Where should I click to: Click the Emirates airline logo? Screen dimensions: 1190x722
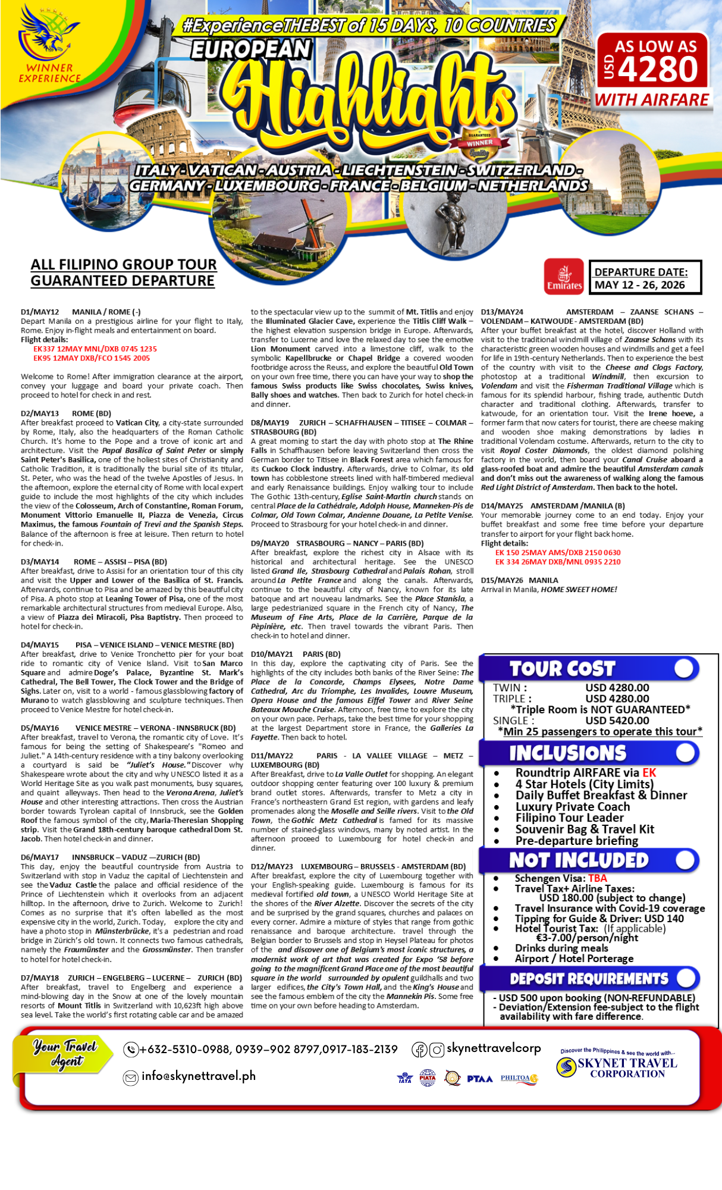[x=564, y=277]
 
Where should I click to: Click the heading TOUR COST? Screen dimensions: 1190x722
[x=561, y=669]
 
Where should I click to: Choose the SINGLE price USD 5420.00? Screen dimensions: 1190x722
[x=617, y=721]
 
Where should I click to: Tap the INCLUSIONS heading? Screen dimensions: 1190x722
[x=567, y=753]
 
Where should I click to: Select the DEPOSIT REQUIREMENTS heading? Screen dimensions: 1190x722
[x=589, y=979]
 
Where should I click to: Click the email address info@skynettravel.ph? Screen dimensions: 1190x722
[x=198, y=1076]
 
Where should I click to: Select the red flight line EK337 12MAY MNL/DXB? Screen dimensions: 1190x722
[x=95, y=349]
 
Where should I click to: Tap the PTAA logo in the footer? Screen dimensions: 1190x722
[x=479, y=1079]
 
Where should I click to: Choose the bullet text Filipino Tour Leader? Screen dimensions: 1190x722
[x=569, y=818]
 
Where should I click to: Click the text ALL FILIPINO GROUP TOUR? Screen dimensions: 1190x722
[x=124, y=265]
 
